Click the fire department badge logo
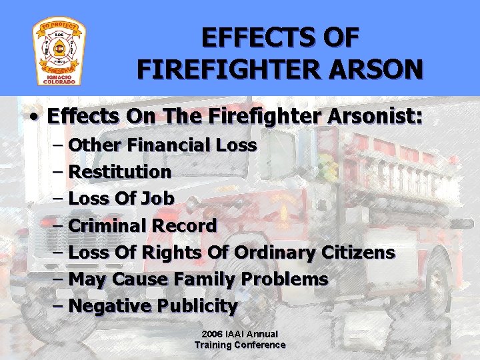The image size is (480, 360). [59, 52]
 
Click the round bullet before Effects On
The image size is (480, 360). [34, 118]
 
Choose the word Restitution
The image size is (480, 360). [120, 171]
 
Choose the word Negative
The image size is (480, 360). [109, 307]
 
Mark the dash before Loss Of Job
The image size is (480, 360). [57, 198]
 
